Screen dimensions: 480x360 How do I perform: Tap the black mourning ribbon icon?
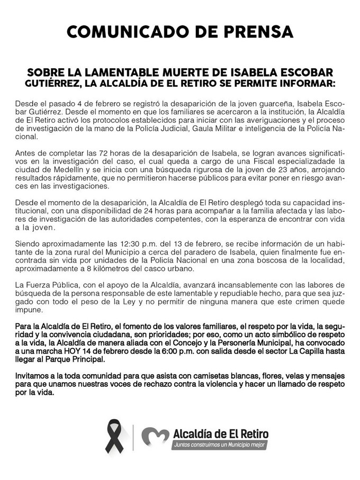click(115, 436)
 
